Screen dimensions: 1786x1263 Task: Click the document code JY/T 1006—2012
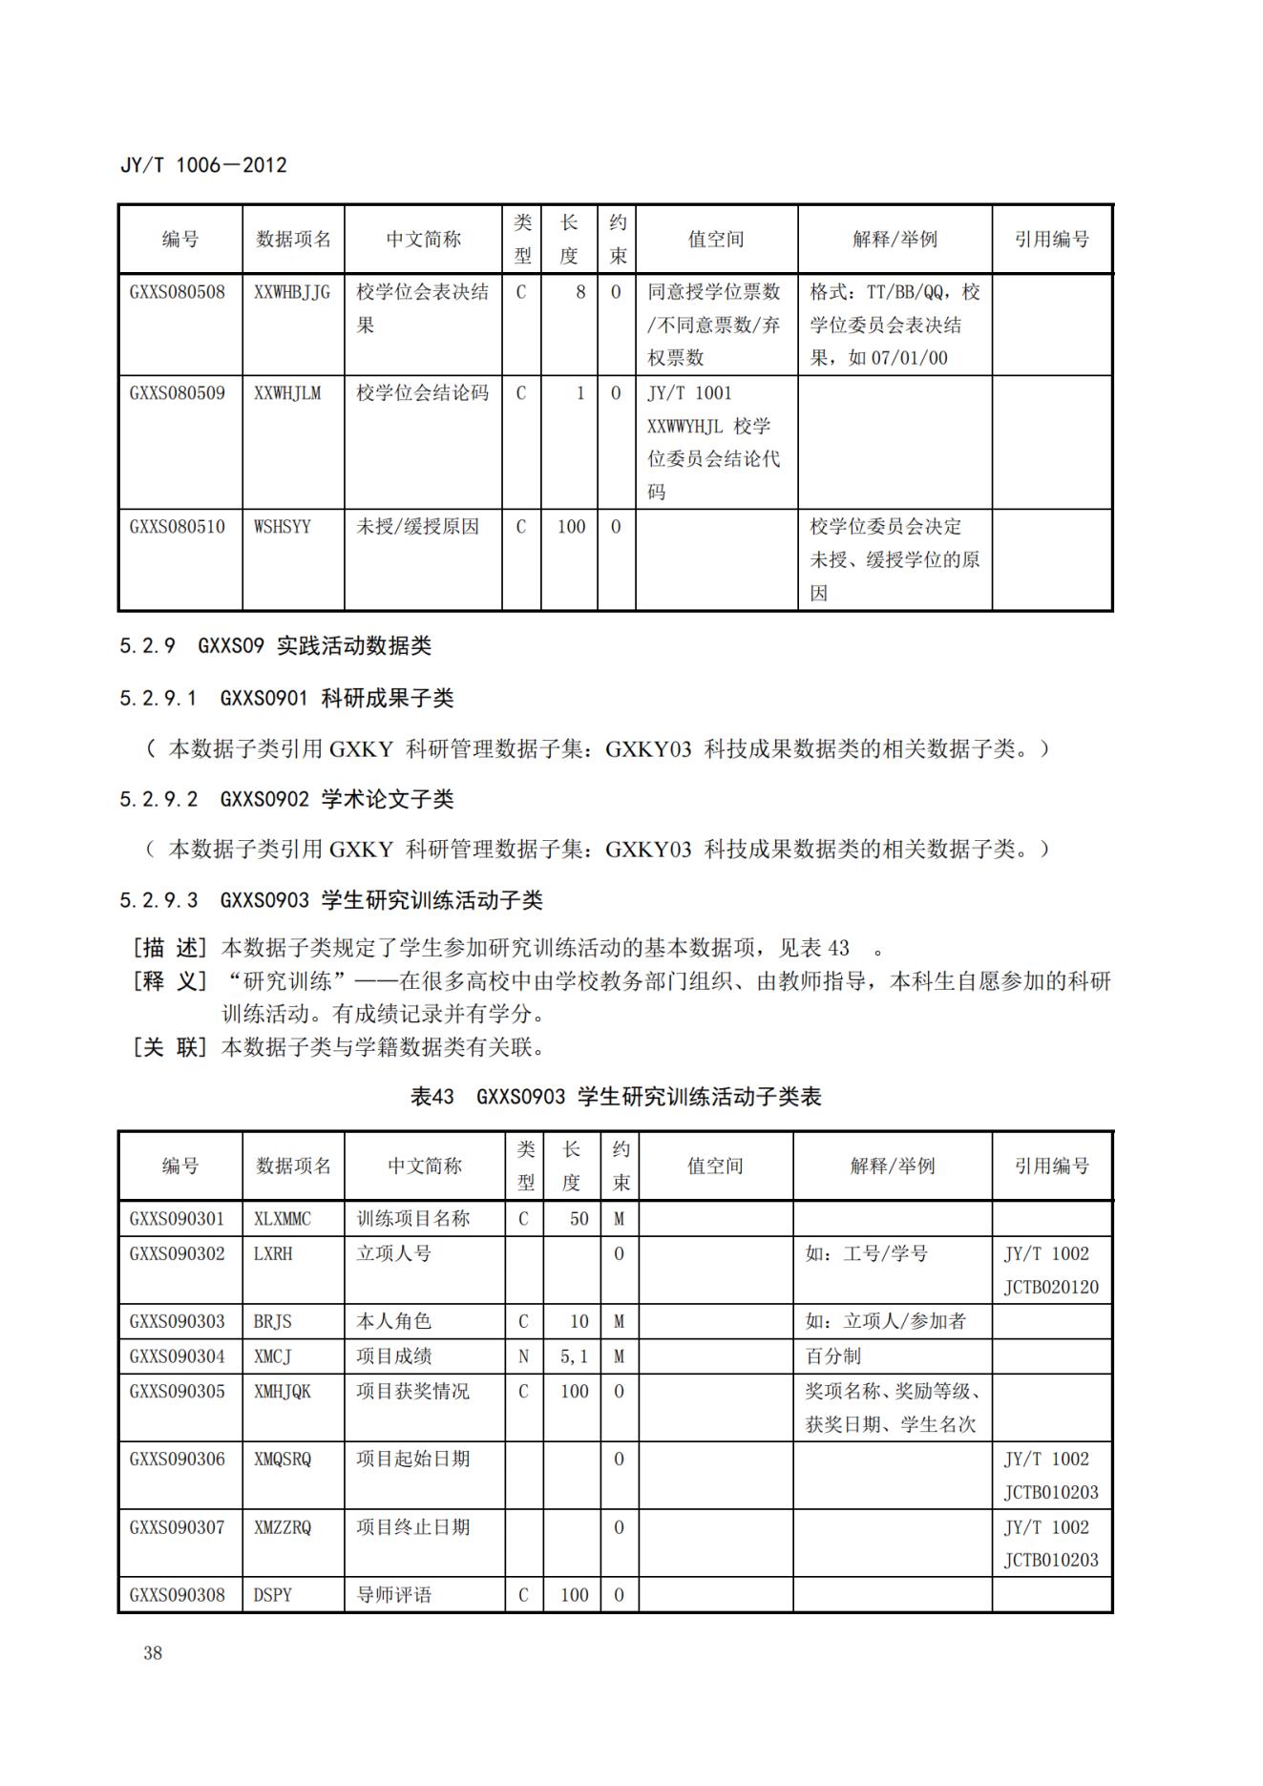pos(203,165)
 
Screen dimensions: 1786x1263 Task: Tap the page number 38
pos(153,1653)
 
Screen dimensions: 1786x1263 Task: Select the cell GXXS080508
pos(178,292)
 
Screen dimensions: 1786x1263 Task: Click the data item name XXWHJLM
pos(287,393)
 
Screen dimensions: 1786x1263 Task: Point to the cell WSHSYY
pos(283,527)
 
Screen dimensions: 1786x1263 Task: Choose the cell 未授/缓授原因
pos(418,527)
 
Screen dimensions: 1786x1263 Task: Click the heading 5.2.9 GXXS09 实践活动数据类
pos(275,646)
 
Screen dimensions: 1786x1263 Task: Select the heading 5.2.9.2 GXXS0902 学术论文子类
pos(286,799)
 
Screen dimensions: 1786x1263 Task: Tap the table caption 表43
pos(432,1097)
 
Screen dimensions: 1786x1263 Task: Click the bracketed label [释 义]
pos(168,981)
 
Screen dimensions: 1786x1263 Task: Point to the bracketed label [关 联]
pos(168,1047)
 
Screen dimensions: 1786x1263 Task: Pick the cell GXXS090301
pos(178,1219)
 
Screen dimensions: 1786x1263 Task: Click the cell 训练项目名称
pos(413,1219)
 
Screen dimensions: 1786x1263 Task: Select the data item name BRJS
pos(273,1321)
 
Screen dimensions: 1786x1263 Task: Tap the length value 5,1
pos(574,1356)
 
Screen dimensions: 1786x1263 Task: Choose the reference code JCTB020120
pos(1051,1288)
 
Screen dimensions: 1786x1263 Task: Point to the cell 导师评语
pos(394,1595)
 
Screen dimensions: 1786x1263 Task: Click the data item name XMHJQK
pos(283,1392)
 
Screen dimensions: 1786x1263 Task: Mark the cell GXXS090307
pos(178,1527)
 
